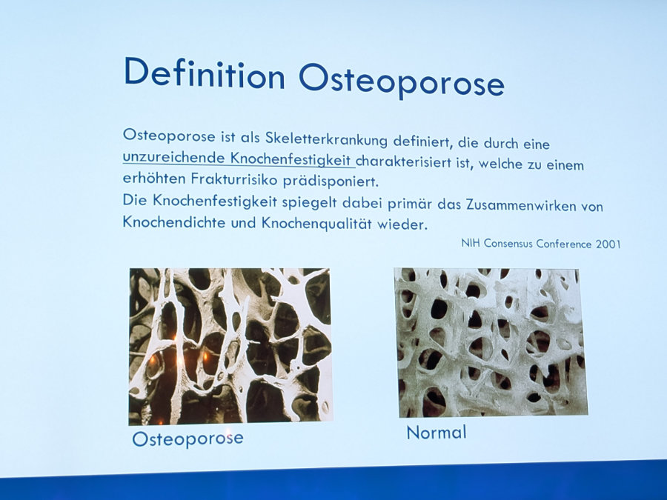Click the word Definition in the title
pos(205,73)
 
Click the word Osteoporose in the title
pos(402,81)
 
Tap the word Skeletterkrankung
pos(326,139)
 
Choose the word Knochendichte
pos(174,221)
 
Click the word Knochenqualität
pos(316,223)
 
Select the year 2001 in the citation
pos(608,244)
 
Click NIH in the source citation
pos(471,243)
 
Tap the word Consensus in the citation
pos(508,243)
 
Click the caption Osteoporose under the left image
pos(188,439)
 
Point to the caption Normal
pos(437,433)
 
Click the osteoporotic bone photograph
pos(230,346)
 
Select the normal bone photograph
pos(491,342)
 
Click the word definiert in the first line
pos(421,141)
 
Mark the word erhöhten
pos(154,178)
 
